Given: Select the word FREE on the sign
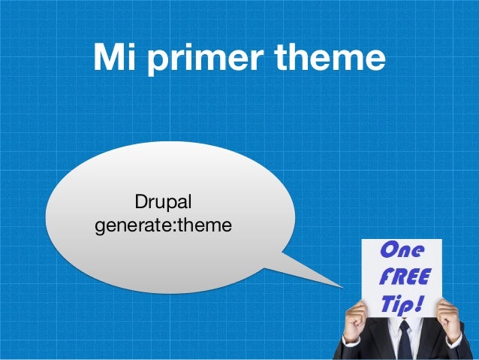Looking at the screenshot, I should [405, 277].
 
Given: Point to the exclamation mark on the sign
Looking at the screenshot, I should [421, 304].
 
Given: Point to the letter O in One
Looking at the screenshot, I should [390, 250].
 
